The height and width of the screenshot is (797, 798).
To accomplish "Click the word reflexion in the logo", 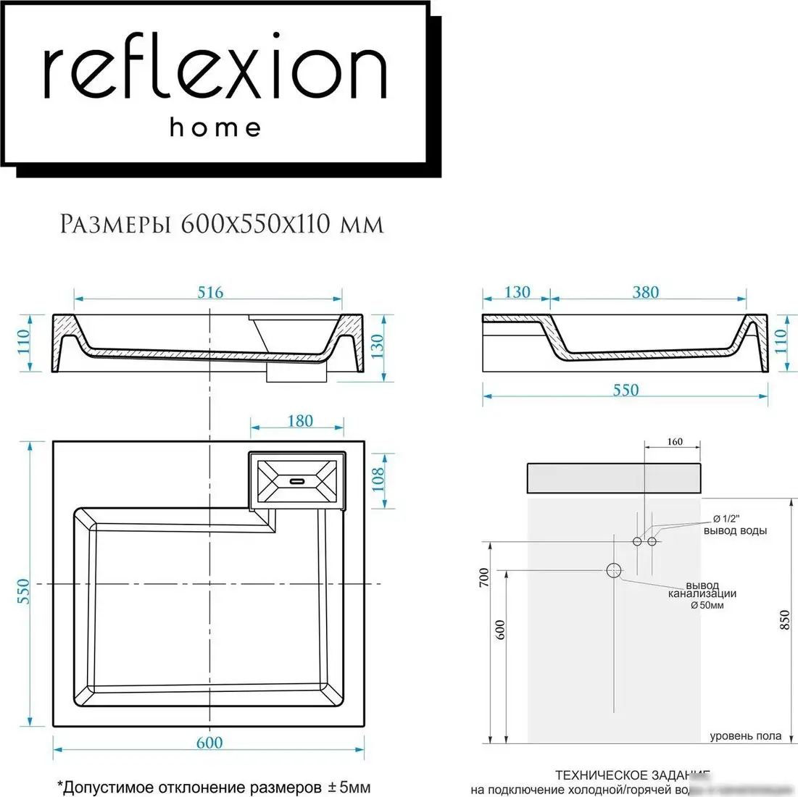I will coord(215,72).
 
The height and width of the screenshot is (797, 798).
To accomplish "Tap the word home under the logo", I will coord(215,128).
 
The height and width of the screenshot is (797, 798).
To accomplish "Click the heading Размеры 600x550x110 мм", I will coord(221,225).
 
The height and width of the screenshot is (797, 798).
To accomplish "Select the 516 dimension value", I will coord(210,293).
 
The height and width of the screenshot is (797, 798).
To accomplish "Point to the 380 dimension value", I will coord(645,292).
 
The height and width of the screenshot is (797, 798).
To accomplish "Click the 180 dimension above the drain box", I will coord(299,421).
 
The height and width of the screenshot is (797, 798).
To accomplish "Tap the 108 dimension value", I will coord(378,479).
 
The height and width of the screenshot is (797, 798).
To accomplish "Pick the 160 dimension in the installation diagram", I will coord(674,441).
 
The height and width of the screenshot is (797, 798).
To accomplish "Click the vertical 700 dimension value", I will coord(485,577).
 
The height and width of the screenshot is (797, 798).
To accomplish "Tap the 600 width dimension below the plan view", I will coord(209,743).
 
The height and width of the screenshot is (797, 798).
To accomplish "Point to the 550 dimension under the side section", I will coord(625,391).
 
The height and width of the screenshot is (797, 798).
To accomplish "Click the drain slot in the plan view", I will coord(297,480).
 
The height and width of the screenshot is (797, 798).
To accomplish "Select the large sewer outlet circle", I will coord(614,570).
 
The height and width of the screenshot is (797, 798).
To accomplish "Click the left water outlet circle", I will coord(637,541).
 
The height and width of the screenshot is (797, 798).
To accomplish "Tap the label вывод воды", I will coord(734,530).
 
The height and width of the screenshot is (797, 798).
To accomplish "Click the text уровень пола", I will coord(745,736).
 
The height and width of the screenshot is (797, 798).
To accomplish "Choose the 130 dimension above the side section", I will coord(517,292).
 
